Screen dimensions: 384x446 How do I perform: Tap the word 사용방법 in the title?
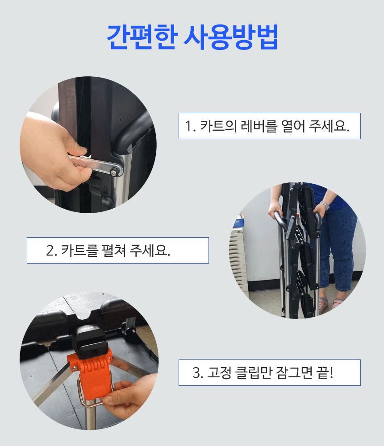coord(231,37)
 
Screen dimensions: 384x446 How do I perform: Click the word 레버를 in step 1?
coord(259,126)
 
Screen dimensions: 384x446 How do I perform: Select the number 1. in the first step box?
coord(191,126)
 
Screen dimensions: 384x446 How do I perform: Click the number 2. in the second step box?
coord(52,251)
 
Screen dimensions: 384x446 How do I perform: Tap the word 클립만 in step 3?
coord(253,372)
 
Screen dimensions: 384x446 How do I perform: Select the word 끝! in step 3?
coord(325,372)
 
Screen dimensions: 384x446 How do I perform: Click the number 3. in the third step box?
coord(198,373)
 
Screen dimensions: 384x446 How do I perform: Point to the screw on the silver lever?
coord(114,172)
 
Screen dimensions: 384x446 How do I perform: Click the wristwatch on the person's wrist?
coord(324,204)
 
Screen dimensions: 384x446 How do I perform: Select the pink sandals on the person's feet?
coord(330,304)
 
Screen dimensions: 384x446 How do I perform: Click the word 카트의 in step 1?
coord(218,126)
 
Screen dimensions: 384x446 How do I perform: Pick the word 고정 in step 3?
coord(219,372)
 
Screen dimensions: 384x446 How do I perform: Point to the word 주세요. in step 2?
coord(150,251)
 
